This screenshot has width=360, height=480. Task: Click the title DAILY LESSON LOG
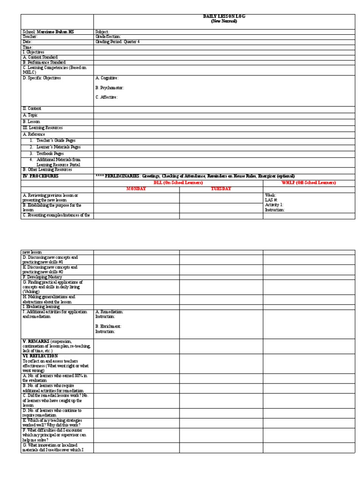click(x=224, y=16)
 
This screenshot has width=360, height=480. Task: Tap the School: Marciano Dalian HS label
click(x=48, y=31)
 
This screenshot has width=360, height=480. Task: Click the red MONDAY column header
click(x=136, y=188)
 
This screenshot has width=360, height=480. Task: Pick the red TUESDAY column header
click(x=221, y=188)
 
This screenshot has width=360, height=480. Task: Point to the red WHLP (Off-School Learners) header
click(x=308, y=182)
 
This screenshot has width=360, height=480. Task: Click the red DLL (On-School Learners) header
click(x=178, y=182)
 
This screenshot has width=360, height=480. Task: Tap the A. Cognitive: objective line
click(x=107, y=78)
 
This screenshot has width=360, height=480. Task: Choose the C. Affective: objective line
click(x=106, y=97)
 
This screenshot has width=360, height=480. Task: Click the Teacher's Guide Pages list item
click(x=53, y=140)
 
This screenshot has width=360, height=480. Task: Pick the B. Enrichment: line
click(x=108, y=326)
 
